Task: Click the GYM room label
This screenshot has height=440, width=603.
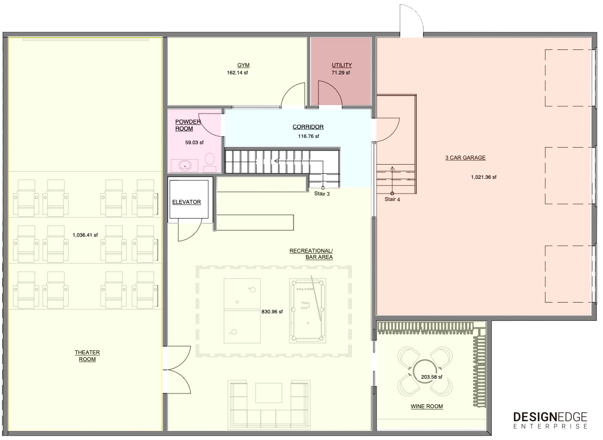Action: [243, 65]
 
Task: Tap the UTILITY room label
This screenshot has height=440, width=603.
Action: [341, 65]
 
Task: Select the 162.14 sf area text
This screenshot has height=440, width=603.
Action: [237, 73]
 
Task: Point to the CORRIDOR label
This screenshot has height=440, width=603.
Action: [308, 127]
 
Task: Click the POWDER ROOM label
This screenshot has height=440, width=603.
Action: [188, 125]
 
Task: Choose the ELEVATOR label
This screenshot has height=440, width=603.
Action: [186, 202]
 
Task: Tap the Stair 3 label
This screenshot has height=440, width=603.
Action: [322, 194]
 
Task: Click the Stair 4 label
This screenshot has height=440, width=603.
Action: [392, 199]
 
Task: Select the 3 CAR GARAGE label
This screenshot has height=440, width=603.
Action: [466, 158]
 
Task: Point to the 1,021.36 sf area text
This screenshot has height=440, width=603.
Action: [484, 177]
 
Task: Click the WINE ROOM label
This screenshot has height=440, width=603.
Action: [427, 406]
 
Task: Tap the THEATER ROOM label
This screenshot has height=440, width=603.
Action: [87, 356]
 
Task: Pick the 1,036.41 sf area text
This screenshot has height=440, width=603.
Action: [85, 235]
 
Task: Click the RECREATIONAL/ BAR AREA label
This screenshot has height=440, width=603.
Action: [311, 254]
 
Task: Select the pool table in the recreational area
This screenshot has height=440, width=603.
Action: [308, 311]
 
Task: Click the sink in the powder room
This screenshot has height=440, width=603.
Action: [185, 166]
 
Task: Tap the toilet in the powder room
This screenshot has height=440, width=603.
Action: [210, 162]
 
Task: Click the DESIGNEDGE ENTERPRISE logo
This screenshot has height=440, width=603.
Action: [550, 420]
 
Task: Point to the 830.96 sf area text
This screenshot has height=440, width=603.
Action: [273, 312]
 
